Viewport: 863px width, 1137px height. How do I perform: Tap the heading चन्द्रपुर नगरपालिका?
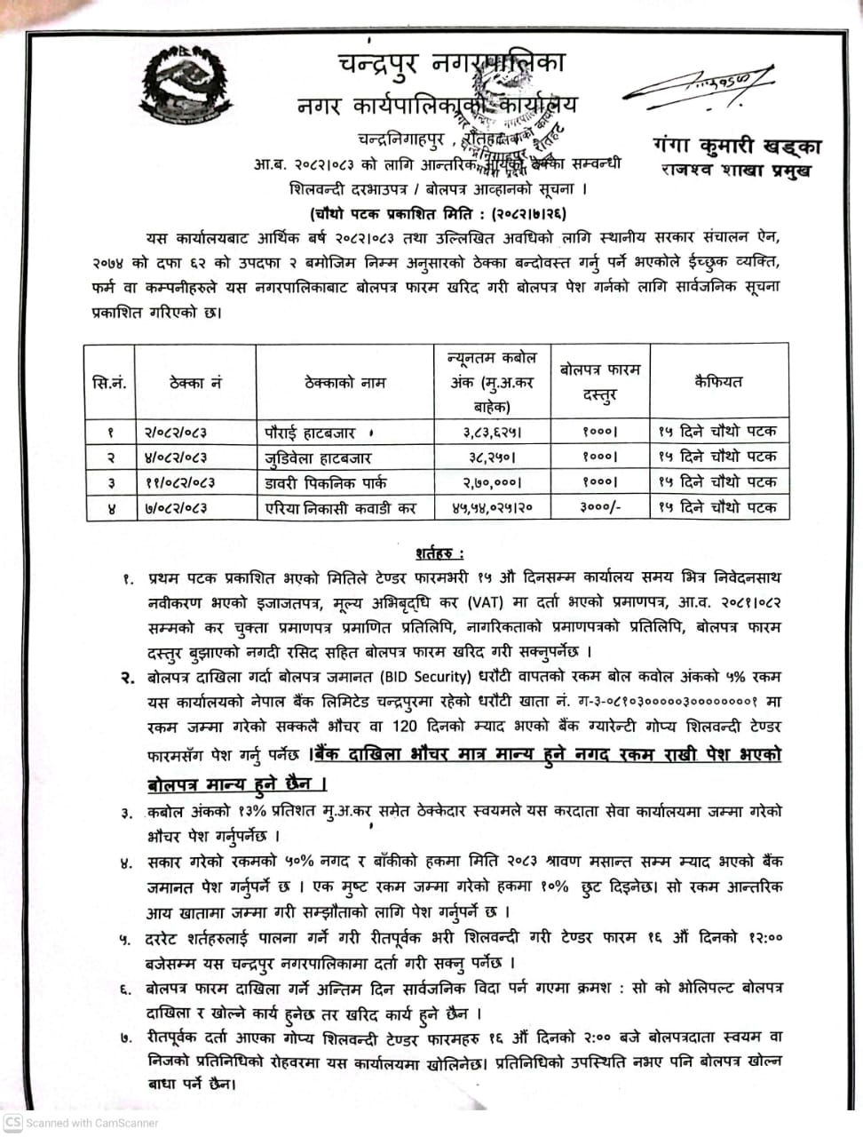coord(451,64)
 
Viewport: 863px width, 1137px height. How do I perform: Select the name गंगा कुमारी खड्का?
coord(736,147)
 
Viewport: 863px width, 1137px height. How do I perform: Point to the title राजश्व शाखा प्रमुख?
coord(736,170)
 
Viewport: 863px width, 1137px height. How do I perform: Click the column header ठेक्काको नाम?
coord(344,383)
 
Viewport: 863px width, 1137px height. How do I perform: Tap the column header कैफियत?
coord(718,382)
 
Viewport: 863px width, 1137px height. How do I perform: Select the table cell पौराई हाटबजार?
coord(310,433)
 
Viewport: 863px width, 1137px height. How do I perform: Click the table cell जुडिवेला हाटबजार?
coord(318,458)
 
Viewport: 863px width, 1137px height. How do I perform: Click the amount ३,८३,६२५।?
coord(491,433)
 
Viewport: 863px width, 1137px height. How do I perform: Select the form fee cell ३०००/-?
coord(600,508)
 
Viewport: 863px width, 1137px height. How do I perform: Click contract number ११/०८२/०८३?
coord(178,483)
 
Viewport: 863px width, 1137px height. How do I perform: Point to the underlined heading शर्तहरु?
coord(434,553)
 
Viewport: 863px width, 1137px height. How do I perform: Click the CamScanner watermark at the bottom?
coord(82,1123)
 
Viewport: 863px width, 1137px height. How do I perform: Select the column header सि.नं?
coord(109,383)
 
